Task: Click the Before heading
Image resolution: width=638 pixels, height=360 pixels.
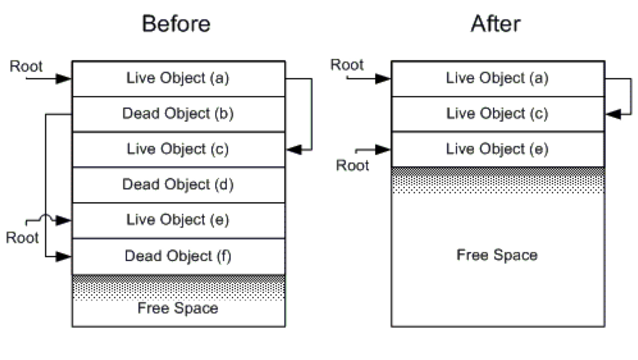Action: point(176,24)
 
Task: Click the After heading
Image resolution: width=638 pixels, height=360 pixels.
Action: point(496,24)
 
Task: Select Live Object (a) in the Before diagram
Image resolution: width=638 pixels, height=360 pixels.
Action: point(178,78)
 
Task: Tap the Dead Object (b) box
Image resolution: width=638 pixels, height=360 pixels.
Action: point(178,114)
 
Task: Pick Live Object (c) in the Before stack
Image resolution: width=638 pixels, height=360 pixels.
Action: point(178,149)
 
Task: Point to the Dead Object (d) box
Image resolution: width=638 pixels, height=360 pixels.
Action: point(178,185)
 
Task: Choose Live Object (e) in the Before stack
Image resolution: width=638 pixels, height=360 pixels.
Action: point(178,220)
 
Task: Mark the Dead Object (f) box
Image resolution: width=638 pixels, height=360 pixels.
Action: point(178,256)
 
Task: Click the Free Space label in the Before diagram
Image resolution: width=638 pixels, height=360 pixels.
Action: point(178,309)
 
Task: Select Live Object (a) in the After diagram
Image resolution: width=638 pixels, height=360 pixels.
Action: point(497,78)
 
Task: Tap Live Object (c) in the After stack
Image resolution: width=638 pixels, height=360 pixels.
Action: point(497,114)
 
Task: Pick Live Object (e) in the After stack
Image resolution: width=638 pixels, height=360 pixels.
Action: point(497,149)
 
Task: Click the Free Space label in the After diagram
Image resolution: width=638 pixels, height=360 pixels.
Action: point(497,255)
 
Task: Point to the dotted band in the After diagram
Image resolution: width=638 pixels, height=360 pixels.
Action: point(497,180)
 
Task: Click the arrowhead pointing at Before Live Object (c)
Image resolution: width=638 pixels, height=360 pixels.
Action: point(294,150)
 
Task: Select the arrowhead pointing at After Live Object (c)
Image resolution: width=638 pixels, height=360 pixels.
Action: point(613,114)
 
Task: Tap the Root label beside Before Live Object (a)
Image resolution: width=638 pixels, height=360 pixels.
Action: point(26,66)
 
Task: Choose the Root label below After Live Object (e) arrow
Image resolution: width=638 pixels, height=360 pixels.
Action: point(352,165)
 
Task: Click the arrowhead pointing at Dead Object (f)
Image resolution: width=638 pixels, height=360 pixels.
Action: point(63,257)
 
